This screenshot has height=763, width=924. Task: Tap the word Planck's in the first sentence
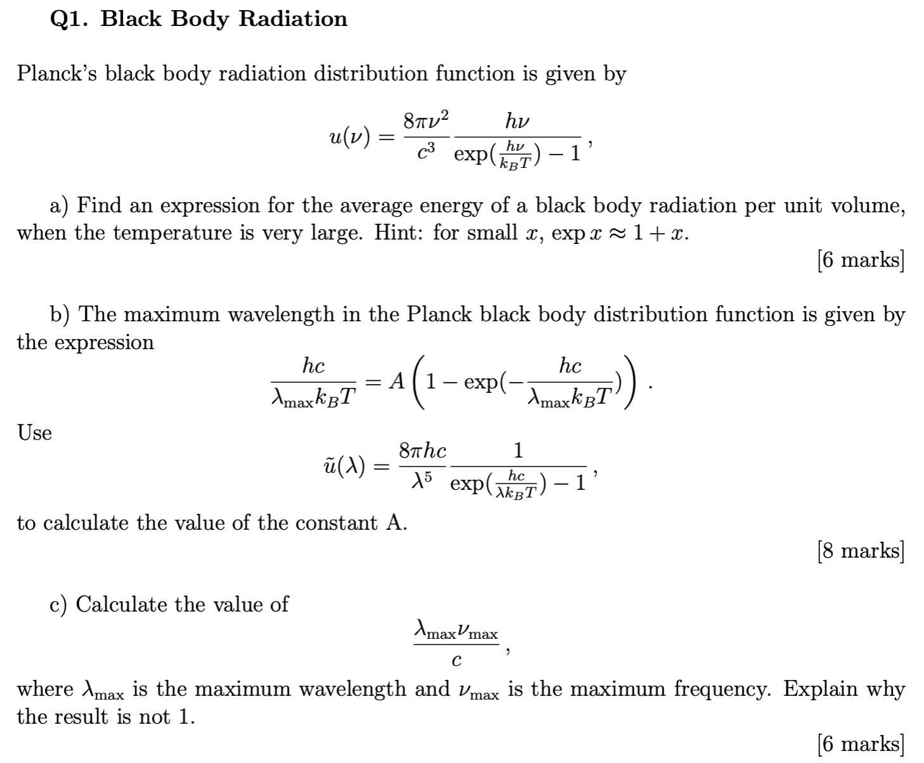click(x=57, y=74)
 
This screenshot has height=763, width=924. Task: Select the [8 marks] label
click(x=861, y=551)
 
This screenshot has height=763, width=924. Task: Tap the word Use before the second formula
click(x=34, y=433)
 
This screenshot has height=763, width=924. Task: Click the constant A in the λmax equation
click(x=396, y=380)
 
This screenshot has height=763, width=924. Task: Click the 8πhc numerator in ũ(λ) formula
click(x=422, y=451)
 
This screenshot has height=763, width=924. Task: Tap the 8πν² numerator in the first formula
click(x=426, y=119)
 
